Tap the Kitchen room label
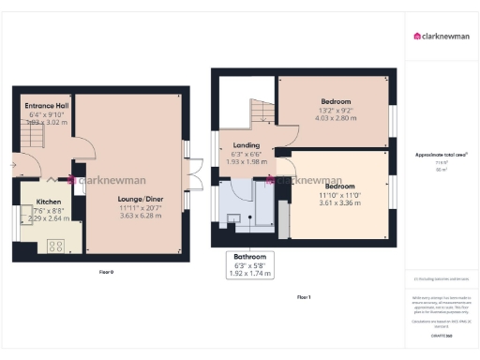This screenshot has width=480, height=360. coord(48,202)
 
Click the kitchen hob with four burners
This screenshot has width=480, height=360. coord(55,246)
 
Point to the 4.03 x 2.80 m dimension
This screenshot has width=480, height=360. coord(336,119)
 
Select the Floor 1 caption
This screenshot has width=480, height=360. coord(303,296)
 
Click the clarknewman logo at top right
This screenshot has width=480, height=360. coord(442,37)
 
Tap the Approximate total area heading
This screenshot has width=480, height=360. coord(442,154)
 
